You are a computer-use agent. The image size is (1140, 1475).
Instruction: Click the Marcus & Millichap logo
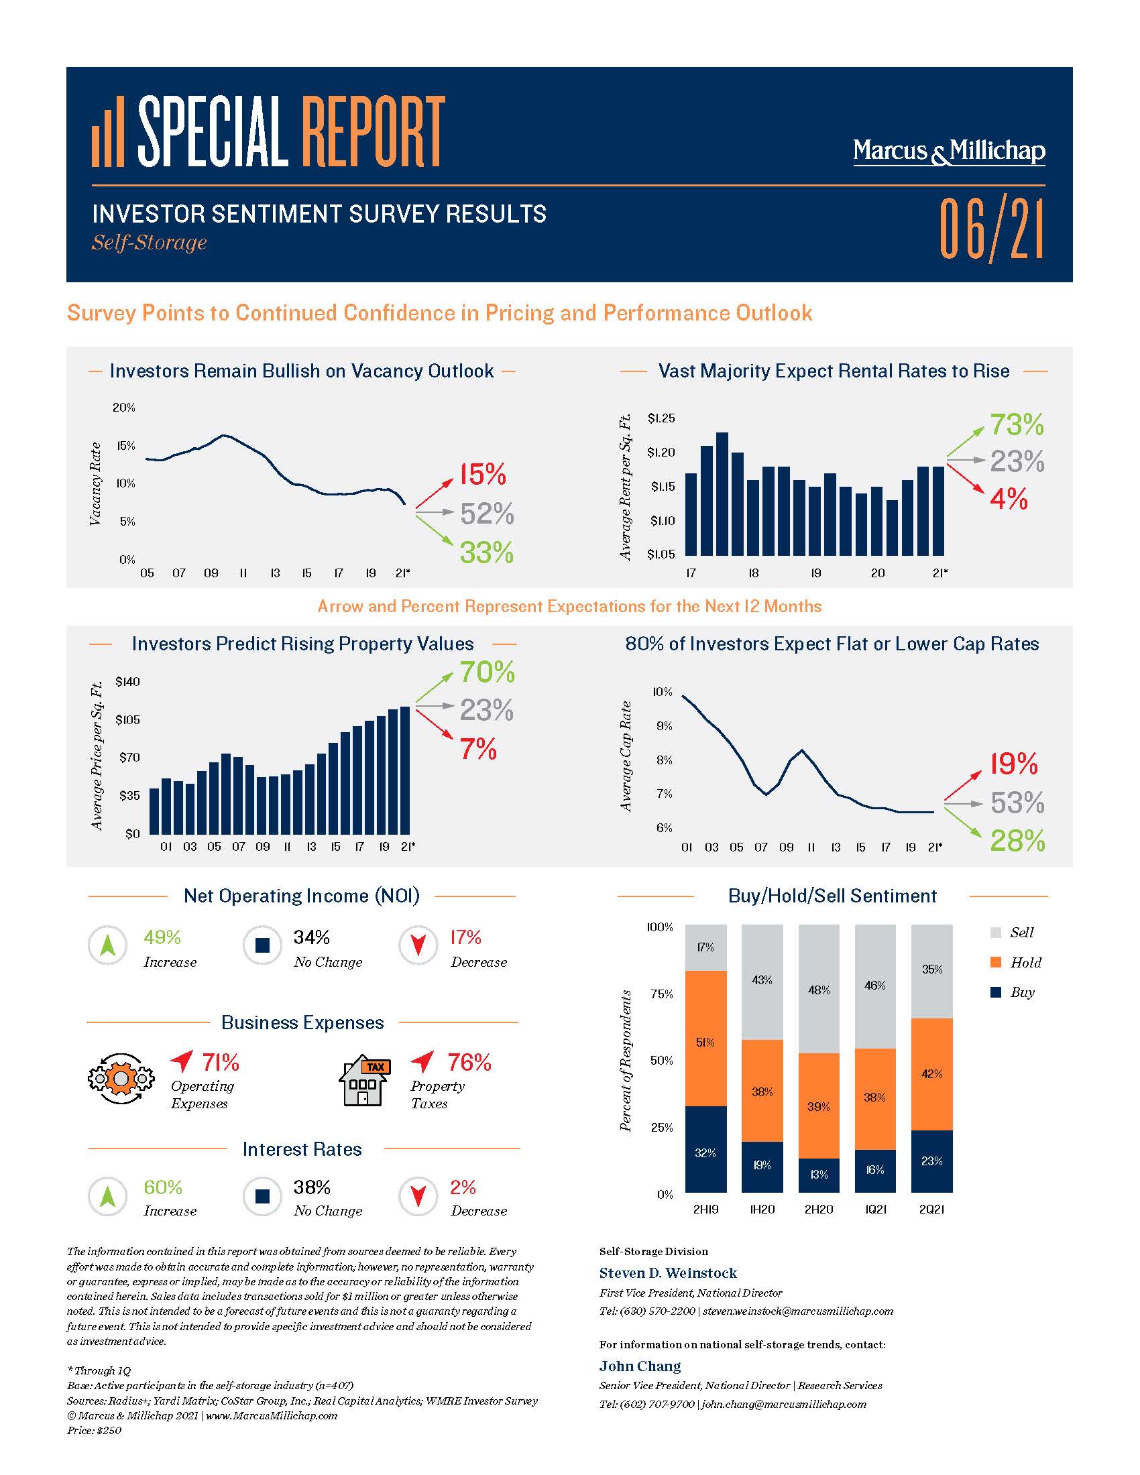(949, 152)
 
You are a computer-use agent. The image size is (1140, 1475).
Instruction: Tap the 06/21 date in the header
(990, 228)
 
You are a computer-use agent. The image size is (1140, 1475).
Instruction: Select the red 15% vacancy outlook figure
(483, 475)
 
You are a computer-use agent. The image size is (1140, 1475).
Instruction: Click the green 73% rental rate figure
(1017, 425)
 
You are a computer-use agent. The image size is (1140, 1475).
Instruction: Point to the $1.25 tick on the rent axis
(661, 419)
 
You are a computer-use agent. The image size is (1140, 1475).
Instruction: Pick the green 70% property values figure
(487, 672)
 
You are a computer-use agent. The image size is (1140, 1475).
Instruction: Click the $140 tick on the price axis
(127, 681)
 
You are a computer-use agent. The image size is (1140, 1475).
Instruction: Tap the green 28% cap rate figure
(1017, 841)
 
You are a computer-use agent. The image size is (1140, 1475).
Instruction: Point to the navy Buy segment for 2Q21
(931, 1162)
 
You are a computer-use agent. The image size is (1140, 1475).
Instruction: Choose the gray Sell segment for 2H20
(819, 990)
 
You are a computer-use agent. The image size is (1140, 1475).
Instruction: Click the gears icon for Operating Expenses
(120, 1079)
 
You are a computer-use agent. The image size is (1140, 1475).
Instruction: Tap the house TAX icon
(364, 1080)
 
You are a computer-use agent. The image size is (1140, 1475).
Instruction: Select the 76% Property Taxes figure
(469, 1063)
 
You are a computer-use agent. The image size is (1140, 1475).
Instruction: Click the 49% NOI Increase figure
(162, 937)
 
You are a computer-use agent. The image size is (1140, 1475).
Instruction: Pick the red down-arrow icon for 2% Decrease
(418, 1196)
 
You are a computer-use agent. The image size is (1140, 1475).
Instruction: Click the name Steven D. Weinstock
(668, 1273)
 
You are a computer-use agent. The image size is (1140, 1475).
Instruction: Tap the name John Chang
(640, 1366)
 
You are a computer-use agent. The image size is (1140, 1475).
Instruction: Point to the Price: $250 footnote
(94, 1431)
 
